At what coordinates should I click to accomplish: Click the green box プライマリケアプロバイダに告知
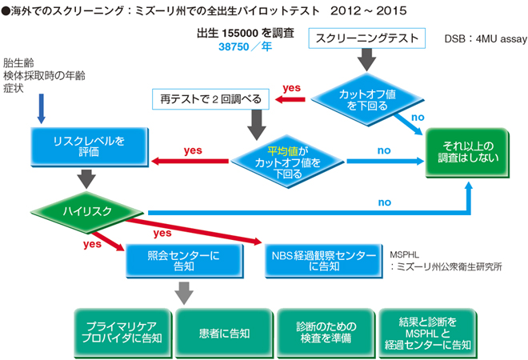118,330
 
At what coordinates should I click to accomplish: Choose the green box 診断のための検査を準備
323,330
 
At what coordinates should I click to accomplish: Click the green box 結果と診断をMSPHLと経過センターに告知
426,330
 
